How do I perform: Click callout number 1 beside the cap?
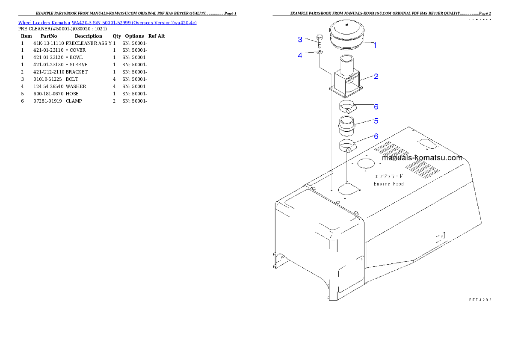[x=375, y=45]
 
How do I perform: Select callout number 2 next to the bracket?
[x=376, y=77]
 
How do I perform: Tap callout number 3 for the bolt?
[x=300, y=40]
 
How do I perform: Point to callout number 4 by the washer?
[x=300, y=55]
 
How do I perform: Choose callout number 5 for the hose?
[x=376, y=121]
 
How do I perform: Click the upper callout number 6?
[x=376, y=106]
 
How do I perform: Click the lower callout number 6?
[x=376, y=136]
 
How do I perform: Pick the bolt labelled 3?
[x=319, y=41]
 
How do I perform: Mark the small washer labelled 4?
[x=320, y=53]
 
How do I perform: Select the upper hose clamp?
[x=347, y=107]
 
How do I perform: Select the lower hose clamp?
[x=347, y=146]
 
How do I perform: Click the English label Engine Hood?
[x=388, y=183]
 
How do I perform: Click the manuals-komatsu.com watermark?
[x=422, y=157]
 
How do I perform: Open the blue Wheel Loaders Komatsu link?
[x=107, y=23]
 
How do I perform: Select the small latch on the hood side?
[x=440, y=237]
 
